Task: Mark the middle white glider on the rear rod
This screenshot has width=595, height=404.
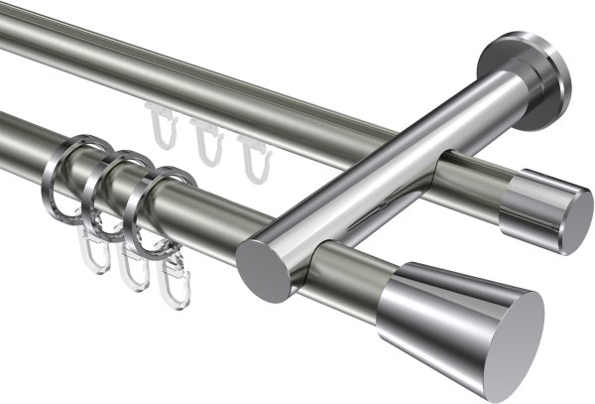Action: [206, 139]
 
